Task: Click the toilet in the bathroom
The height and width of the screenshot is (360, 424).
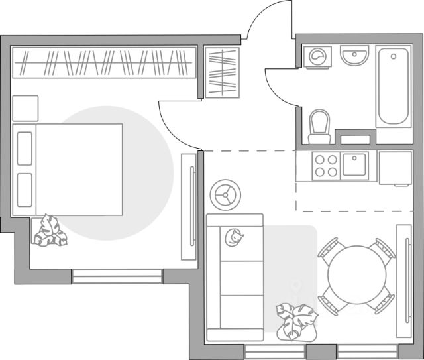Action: click(320, 125)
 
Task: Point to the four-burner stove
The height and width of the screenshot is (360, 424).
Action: click(326, 166)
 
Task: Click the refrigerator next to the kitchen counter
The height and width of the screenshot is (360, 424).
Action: click(396, 168)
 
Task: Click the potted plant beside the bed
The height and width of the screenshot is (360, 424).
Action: click(49, 231)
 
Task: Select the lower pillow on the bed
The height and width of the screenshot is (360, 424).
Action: click(25, 191)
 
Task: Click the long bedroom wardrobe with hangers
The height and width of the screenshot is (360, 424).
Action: click(104, 64)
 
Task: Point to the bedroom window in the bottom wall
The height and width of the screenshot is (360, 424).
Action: click(117, 276)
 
